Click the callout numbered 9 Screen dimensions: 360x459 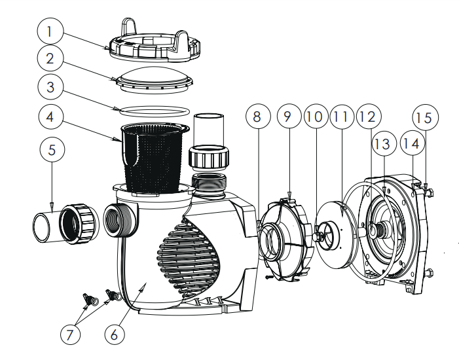click(x=287, y=117)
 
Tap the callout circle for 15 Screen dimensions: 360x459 click(x=423, y=117)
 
